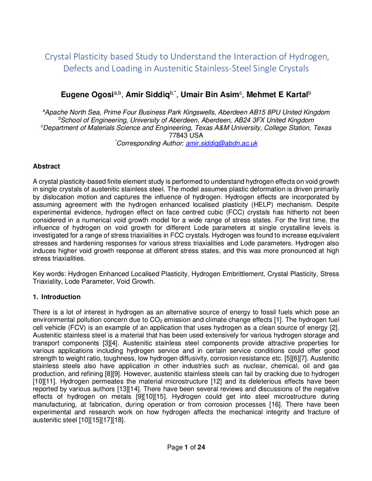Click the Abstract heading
pyautogui.click(x=46, y=166)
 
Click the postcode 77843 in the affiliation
pyautogui.click(x=173, y=135)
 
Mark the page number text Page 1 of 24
pyautogui.click(x=186, y=448)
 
